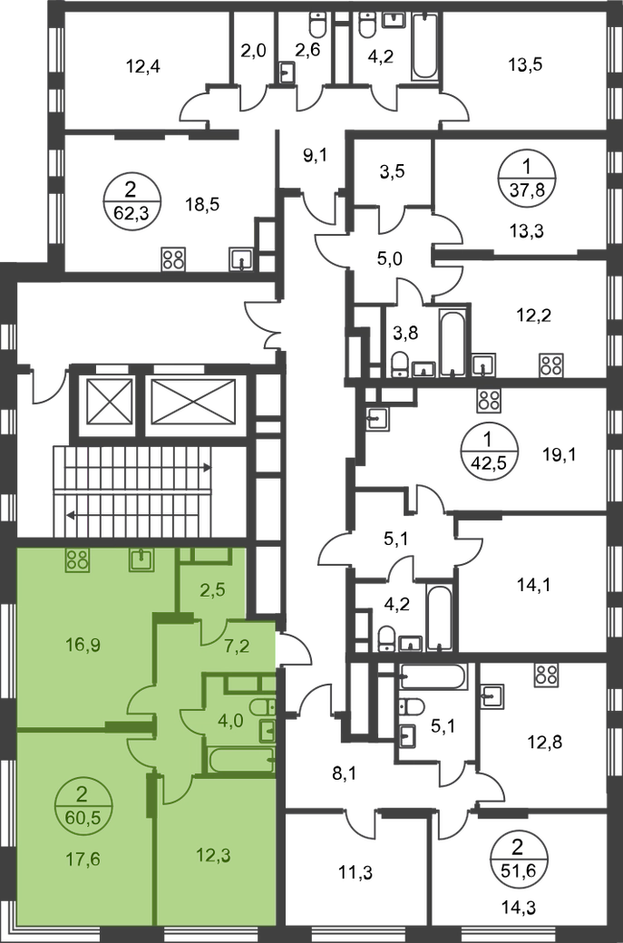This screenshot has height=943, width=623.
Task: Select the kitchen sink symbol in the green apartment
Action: (x=141, y=559)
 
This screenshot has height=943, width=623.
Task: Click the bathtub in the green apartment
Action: (x=240, y=760)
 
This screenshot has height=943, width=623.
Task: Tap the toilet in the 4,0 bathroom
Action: (x=260, y=706)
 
